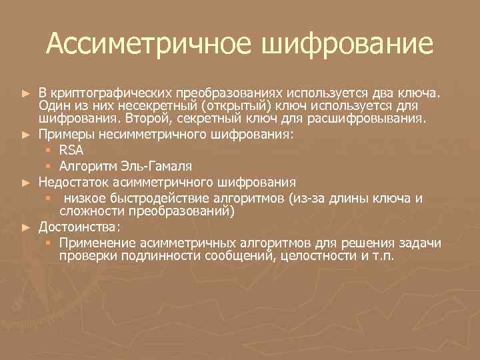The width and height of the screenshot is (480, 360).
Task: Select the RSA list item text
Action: [x=71, y=150]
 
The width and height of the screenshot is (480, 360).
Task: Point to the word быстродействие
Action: [x=166, y=198]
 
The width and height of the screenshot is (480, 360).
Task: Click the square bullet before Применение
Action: [x=49, y=243]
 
